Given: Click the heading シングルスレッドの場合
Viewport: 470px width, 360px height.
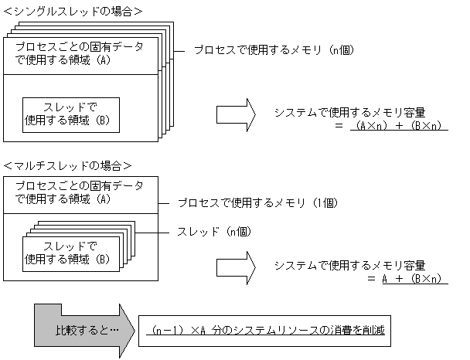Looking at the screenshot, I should (73, 12).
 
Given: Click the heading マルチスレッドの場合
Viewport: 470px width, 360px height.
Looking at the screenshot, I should (67, 165).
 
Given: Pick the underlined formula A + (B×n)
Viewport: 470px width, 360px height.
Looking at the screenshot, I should (414, 278).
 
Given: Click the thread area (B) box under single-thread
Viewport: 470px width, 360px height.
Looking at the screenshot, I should (70, 114).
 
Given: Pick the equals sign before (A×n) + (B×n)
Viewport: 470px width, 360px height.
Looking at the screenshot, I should (339, 126).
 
